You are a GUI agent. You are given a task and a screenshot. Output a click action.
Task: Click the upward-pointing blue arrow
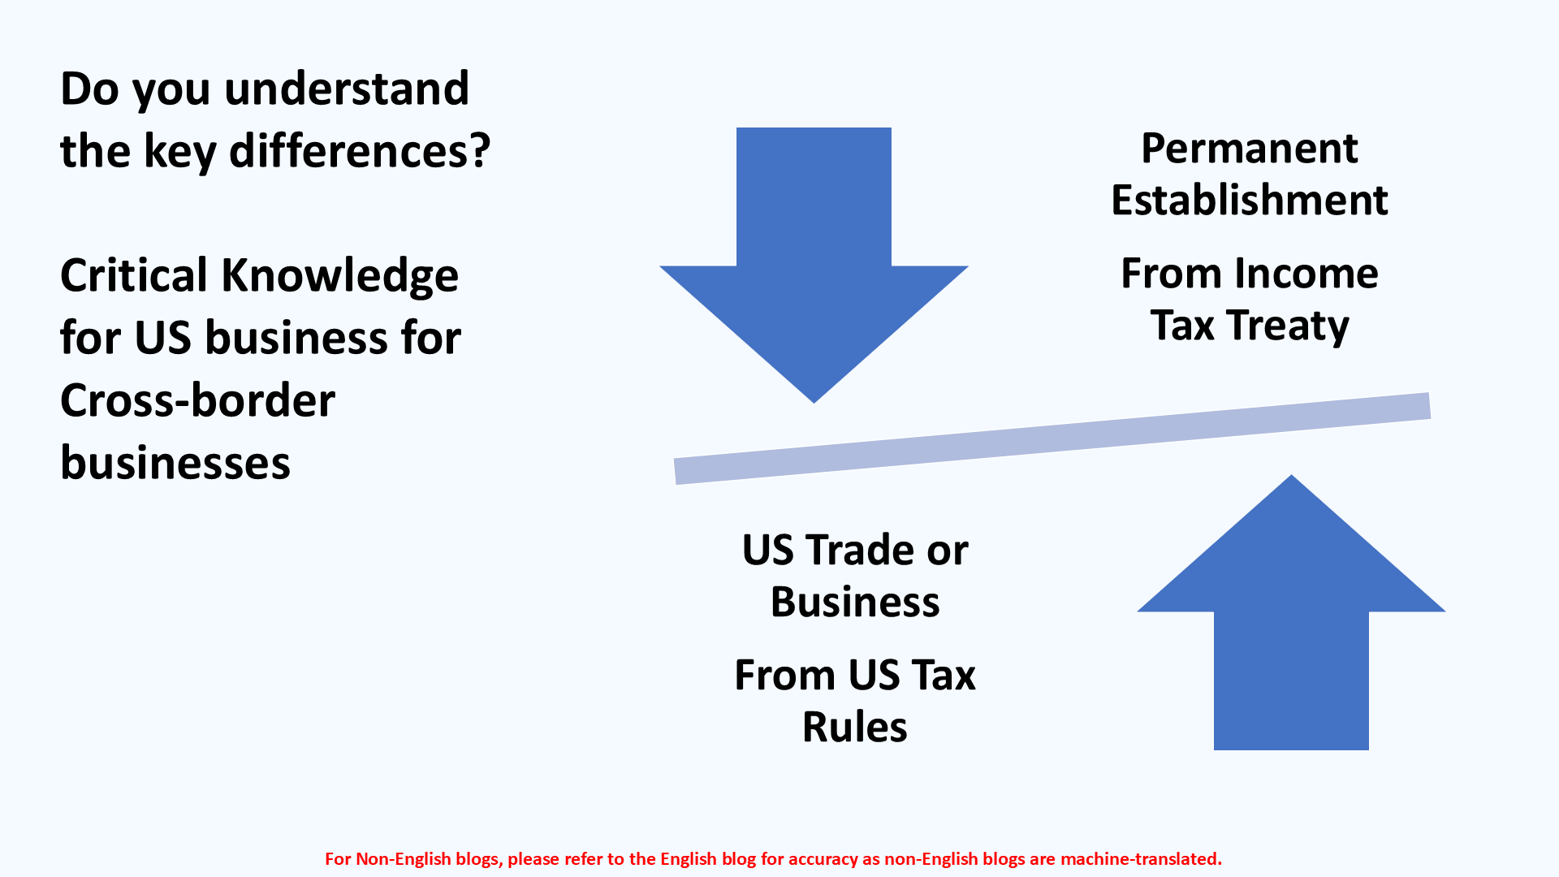(1291, 617)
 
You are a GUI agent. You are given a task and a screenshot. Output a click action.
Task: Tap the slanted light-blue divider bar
(1052, 438)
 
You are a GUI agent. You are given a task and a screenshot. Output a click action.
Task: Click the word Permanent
(1249, 149)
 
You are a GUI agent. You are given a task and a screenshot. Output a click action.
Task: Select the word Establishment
(1249, 201)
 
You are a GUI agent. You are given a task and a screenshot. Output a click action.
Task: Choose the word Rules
(854, 728)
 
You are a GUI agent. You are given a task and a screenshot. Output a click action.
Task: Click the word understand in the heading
(347, 89)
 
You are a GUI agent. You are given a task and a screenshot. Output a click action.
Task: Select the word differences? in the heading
(360, 151)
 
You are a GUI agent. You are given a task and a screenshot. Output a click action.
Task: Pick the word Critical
(134, 275)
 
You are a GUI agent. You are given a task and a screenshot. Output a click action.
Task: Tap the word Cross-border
(197, 400)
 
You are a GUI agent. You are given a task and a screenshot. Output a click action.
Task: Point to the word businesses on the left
(175, 463)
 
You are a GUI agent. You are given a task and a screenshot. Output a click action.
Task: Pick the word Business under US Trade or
(854, 603)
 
